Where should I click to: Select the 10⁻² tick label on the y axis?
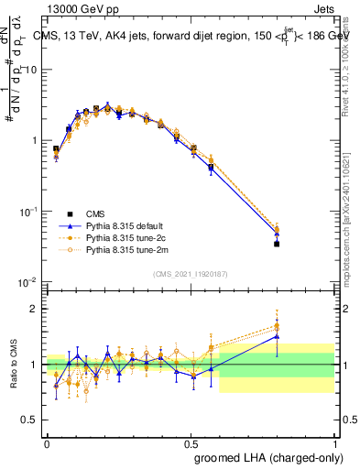point(30,281)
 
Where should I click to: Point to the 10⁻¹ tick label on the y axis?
point(30,211)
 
